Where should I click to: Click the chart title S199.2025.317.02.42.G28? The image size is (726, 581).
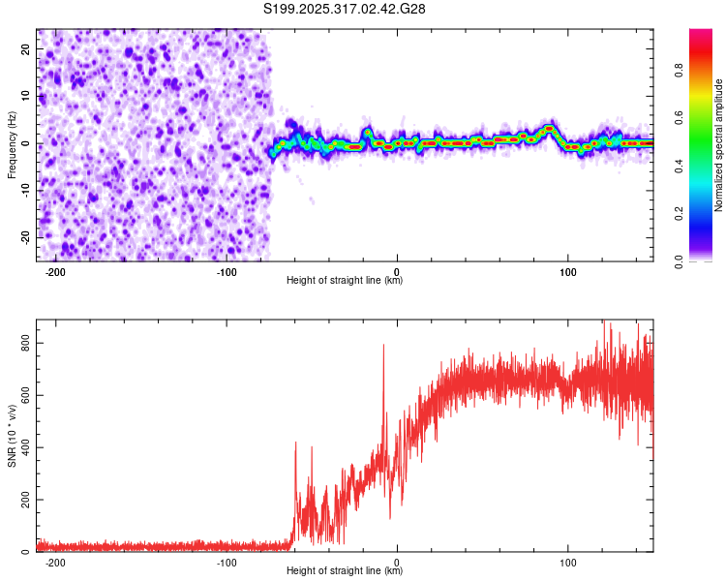click(x=346, y=9)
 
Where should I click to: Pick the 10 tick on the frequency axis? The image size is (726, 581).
click(x=25, y=97)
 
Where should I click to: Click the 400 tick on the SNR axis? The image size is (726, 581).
click(x=21, y=447)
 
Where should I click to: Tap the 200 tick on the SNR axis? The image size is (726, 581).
click(x=21, y=500)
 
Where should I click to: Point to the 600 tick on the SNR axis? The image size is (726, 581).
click(x=21, y=395)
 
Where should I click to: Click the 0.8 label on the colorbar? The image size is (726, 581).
click(x=680, y=70)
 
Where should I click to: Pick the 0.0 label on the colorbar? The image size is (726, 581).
click(x=680, y=260)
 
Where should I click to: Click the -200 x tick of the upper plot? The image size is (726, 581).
click(x=55, y=271)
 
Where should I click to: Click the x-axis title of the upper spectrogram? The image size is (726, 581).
click(x=345, y=281)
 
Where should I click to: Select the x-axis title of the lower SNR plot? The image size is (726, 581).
click(x=345, y=571)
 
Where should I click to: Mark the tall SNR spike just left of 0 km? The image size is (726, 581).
click(x=383, y=347)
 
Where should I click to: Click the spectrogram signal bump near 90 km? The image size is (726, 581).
click(x=549, y=128)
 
